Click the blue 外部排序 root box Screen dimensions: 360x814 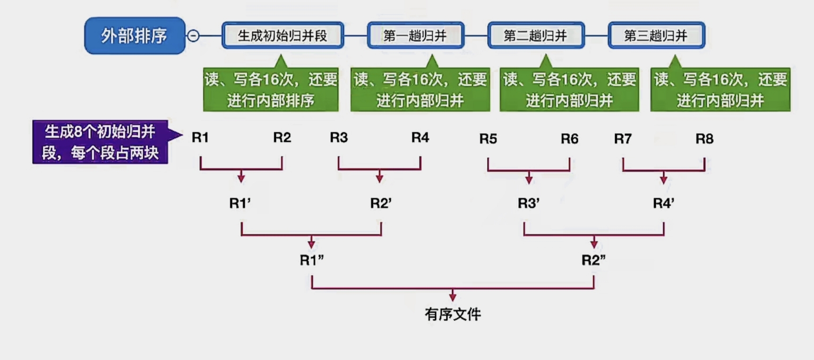click(x=135, y=35)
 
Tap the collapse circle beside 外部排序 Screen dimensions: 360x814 click(x=193, y=35)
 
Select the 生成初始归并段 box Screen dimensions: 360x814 click(x=283, y=35)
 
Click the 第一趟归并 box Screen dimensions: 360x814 click(x=415, y=35)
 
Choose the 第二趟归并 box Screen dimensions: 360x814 click(x=536, y=35)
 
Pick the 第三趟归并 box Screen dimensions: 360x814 click(x=656, y=35)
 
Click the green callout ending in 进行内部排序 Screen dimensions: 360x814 click(x=271, y=90)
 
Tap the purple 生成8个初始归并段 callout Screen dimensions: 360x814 click(x=100, y=142)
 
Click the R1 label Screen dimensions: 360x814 click(x=200, y=137)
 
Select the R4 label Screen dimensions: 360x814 click(x=420, y=137)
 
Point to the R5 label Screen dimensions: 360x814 click(x=488, y=139)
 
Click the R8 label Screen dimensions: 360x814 click(x=704, y=139)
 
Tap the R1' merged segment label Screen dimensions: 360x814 click(x=240, y=203)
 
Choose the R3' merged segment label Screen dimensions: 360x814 click(x=529, y=203)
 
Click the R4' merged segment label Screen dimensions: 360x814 click(x=663, y=203)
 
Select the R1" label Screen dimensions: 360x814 click(x=311, y=260)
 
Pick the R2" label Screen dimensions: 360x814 click(x=593, y=260)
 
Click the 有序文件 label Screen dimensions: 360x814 click(x=453, y=314)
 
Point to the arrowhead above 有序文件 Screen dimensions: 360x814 click(x=453, y=297)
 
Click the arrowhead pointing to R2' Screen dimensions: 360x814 click(x=379, y=178)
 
